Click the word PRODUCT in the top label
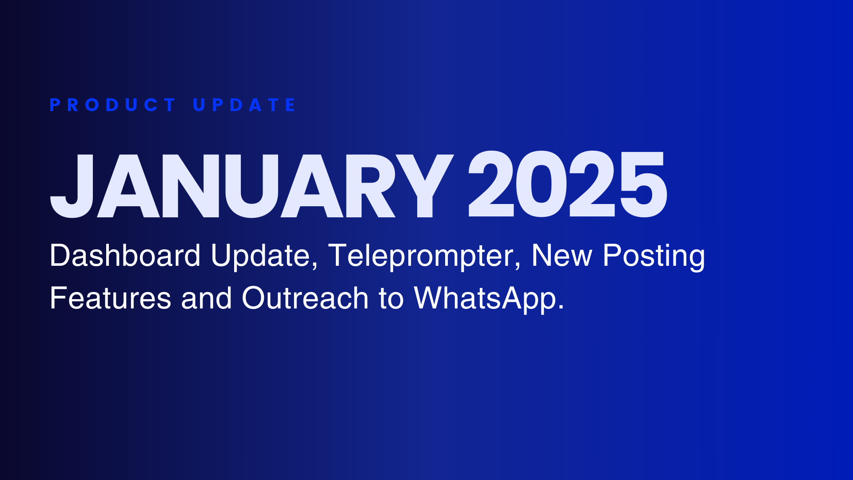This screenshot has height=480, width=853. pyautogui.click(x=113, y=105)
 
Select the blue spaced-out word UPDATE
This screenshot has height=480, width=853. pyautogui.click(x=244, y=105)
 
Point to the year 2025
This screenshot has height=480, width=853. pyautogui.click(x=567, y=184)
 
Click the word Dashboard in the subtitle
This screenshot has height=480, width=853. pyautogui.click(x=125, y=256)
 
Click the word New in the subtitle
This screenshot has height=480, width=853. pyautogui.click(x=562, y=256)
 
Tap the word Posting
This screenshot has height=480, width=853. pyautogui.click(x=654, y=257)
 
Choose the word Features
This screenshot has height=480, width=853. pyautogui.click(x=111, y=298)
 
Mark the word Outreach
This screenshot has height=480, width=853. pyautogui.click(x=305, y=298)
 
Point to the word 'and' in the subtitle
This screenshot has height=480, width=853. pyautogui.click(x=207, y=298)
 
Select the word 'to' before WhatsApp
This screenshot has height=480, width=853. pyautogui.click(x=391, y=299)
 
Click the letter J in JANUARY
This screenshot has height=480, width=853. pyautogui.click(x=72, y=186)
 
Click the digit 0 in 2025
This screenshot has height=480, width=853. pyautogui.click(x=541, y=184)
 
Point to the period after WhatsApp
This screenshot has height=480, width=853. pyautogui.click(x=561, y=307)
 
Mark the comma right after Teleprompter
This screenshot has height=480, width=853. pyautogui.click(x=518, y=266)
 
